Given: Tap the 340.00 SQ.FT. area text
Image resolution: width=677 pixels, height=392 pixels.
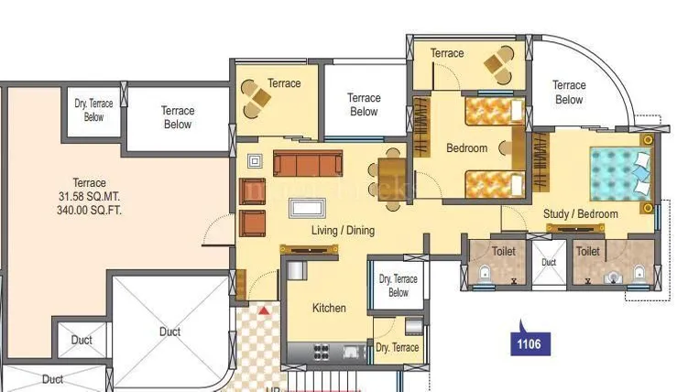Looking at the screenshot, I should click(89, 210).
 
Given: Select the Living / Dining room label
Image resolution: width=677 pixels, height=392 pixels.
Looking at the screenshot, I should click(342, 231).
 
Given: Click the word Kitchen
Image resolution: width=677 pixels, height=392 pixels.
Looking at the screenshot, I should click(328, 308).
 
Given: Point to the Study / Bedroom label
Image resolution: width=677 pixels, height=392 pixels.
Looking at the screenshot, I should click(581, 214).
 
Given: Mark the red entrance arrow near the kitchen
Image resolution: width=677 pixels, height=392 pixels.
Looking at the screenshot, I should click(265, 311).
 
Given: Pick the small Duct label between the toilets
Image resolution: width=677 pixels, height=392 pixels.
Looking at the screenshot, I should click(549, 262).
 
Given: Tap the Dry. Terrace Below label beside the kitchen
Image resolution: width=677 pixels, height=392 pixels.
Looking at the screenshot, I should click(398, 286).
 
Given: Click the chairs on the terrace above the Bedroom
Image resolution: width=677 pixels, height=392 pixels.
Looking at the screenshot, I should click(500, 66).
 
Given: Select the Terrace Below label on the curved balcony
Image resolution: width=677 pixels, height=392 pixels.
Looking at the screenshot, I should click(569, 93).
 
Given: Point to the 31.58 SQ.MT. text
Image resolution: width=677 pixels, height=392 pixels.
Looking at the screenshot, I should click(89, 196).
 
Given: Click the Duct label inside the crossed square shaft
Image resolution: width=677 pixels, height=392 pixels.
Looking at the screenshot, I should click(169, 332).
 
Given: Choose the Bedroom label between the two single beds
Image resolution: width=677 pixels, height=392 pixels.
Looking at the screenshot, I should click(466, 148).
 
